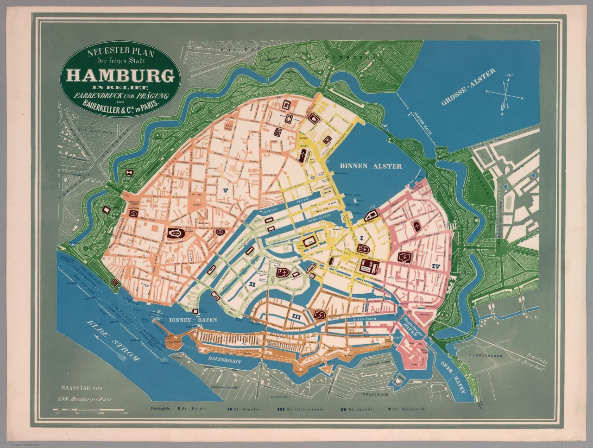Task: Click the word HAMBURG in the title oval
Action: pyautogui.click(x=121, y=76)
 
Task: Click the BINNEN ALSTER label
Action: pyautogui.click(x=370, y=166)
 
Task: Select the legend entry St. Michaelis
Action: pyautogui.click(x=405, y=409)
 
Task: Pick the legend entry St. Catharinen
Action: pyautogui.click(x=299, y=409)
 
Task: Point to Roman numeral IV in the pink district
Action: pyautogui.click(x=435, y=266)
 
